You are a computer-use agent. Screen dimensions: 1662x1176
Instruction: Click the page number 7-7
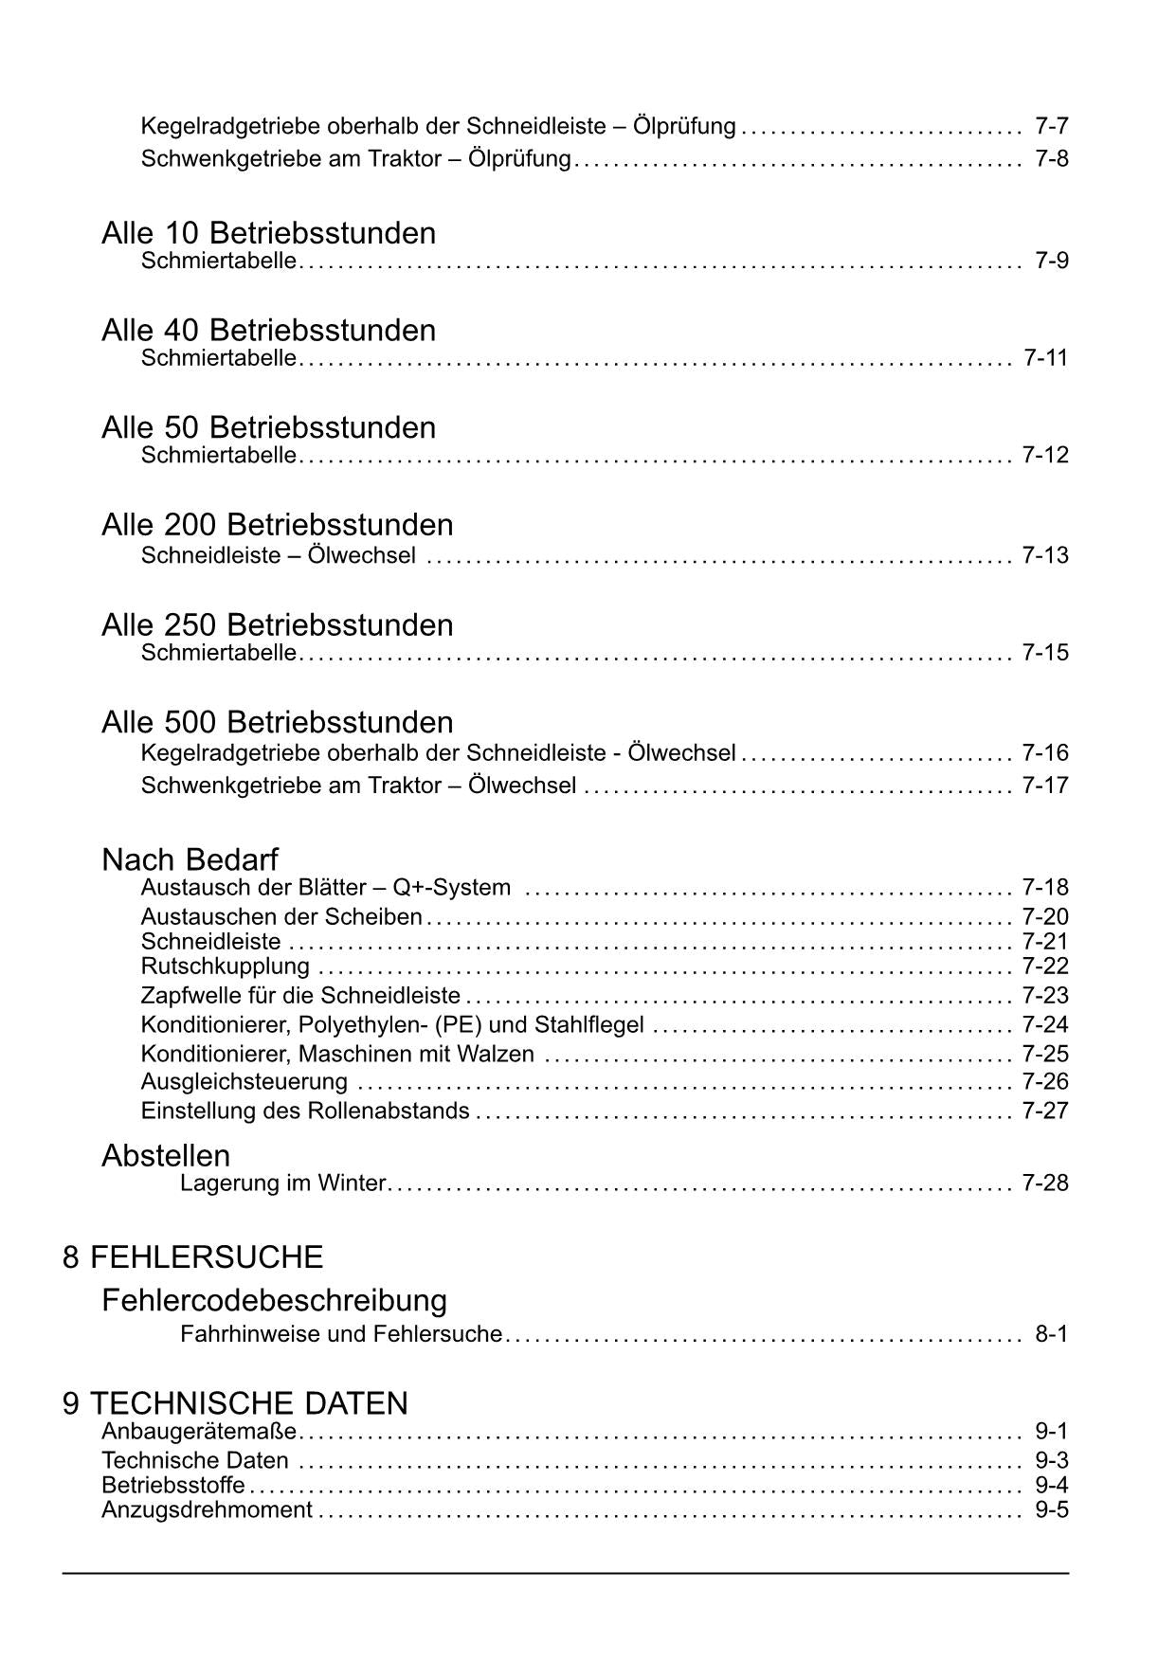tap(1051, 126)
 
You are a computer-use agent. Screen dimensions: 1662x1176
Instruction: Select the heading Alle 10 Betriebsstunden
tap(269, 233)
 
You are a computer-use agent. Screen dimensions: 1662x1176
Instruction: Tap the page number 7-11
tap(1045, 357)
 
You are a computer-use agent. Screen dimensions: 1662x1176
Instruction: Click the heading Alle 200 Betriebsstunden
tap(278, 524)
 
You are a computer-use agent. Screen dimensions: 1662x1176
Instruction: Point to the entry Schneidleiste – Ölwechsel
tap(278, 555)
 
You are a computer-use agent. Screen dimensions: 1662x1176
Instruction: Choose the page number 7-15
tap(1045, 652)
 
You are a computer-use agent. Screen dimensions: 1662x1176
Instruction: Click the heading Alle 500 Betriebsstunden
tap(278, 722)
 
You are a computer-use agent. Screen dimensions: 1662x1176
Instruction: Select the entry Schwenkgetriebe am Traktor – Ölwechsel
tap(358, 786)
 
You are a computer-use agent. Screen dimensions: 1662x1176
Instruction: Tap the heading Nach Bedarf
tap(190, 859)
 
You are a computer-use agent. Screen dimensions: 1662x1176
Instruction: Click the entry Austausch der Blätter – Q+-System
tap(325, 888)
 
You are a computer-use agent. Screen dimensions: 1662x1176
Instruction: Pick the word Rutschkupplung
tap(225, 966)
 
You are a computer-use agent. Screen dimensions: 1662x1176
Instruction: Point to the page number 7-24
tap(1045, 1024)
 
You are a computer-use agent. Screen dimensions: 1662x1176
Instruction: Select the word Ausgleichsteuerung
tap(244, 1081)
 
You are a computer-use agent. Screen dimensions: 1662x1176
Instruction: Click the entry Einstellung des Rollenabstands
tap(304, 1111)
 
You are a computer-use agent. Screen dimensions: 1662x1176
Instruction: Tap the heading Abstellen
tap(166, 1155)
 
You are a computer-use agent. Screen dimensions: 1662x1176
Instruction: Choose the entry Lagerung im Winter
tap(282, 1183)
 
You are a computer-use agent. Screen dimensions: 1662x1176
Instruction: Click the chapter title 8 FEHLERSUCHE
tap(192, 1257)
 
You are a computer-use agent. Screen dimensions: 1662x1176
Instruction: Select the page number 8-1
tap(1051, 1334)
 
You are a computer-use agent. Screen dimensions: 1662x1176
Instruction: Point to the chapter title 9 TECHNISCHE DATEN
tap(235, 1403)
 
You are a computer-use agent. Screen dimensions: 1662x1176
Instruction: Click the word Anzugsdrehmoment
tap(207, 1509)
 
